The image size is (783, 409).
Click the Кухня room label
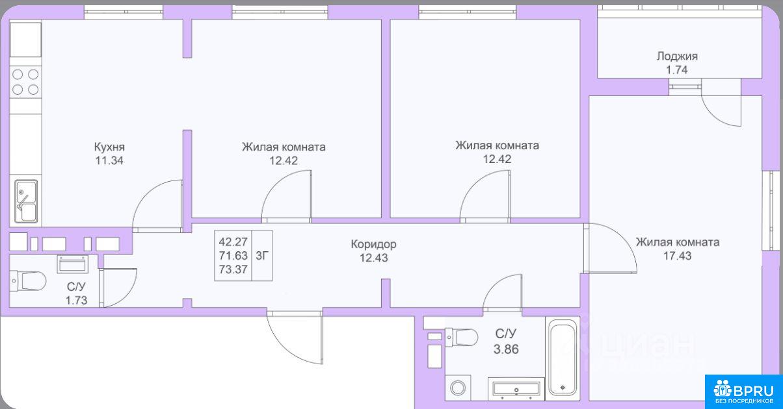click(109, 147)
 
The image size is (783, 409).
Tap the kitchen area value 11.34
click(109, 160)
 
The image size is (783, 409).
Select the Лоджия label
click(677, 56)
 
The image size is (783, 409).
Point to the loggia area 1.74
click(677, 70)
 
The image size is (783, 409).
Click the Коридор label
click(374, 244)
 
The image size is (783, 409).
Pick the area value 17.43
click(678, 256)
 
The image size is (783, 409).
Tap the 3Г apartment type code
click(262, 256)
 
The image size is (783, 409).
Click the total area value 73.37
click(233, 269)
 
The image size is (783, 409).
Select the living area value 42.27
click(233, 242)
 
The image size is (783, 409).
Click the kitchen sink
click(26, 201)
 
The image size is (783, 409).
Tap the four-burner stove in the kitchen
click(25, 82)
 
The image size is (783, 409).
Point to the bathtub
click(563, 357)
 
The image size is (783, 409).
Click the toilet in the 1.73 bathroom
click(28, 280)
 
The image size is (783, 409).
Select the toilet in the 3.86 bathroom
click(461, 338)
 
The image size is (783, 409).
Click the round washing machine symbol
click(458, 388)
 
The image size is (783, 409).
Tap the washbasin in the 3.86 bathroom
click(516, 388)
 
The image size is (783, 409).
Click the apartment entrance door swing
click(295, 338)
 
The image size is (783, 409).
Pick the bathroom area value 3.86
click(506, 349)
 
